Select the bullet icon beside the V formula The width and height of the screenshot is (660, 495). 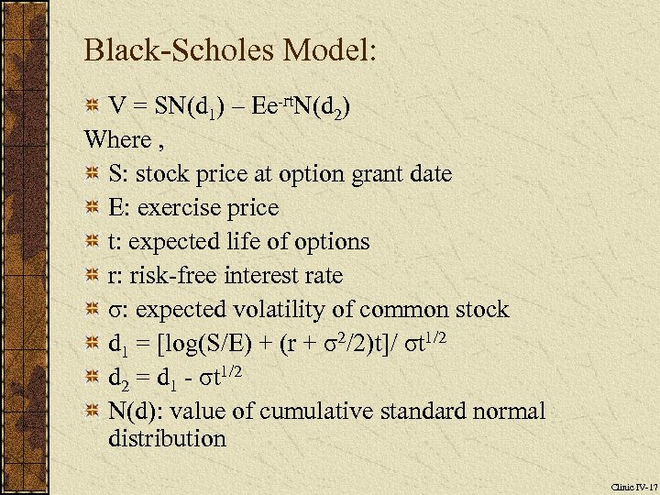(x=92, y=106)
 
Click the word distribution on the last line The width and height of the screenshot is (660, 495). (x=167, y=438)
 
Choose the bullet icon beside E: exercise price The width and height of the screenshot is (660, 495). (x=92, y=208)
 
